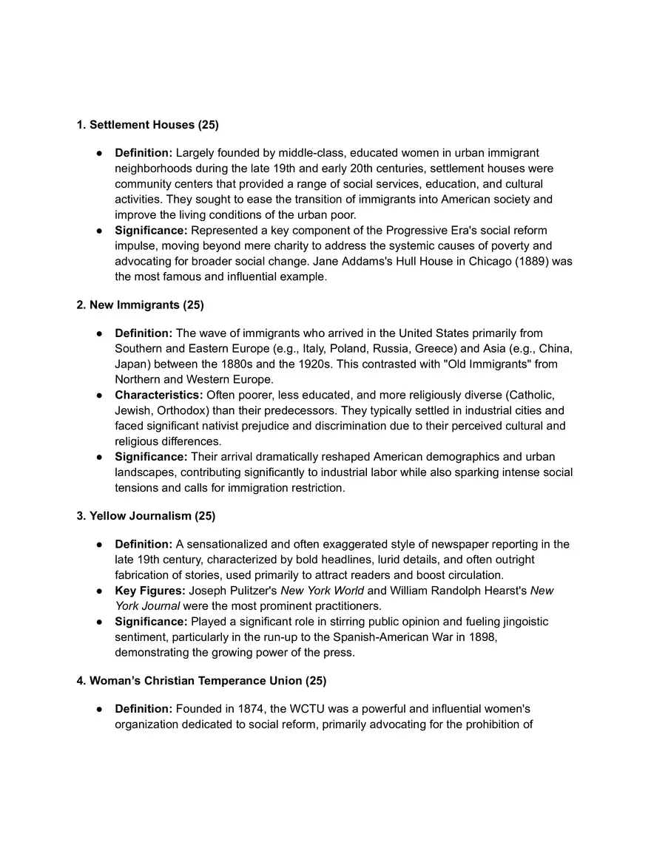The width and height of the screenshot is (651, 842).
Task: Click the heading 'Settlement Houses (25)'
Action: [x=154, y=125]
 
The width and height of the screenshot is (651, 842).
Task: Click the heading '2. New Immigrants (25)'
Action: [x=141, y=305]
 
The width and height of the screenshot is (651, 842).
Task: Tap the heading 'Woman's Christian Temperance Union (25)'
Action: [x=208, y=680]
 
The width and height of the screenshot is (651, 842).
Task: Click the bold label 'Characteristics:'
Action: [x=158, y=395]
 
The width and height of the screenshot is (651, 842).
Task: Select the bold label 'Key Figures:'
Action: [x=150, y=591]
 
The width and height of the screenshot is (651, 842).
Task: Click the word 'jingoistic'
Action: [x=523, y=622]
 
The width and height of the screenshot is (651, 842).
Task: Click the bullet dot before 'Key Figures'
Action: [x=99, y=591]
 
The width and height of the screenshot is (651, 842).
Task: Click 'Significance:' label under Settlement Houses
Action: [x=151, y=231]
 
